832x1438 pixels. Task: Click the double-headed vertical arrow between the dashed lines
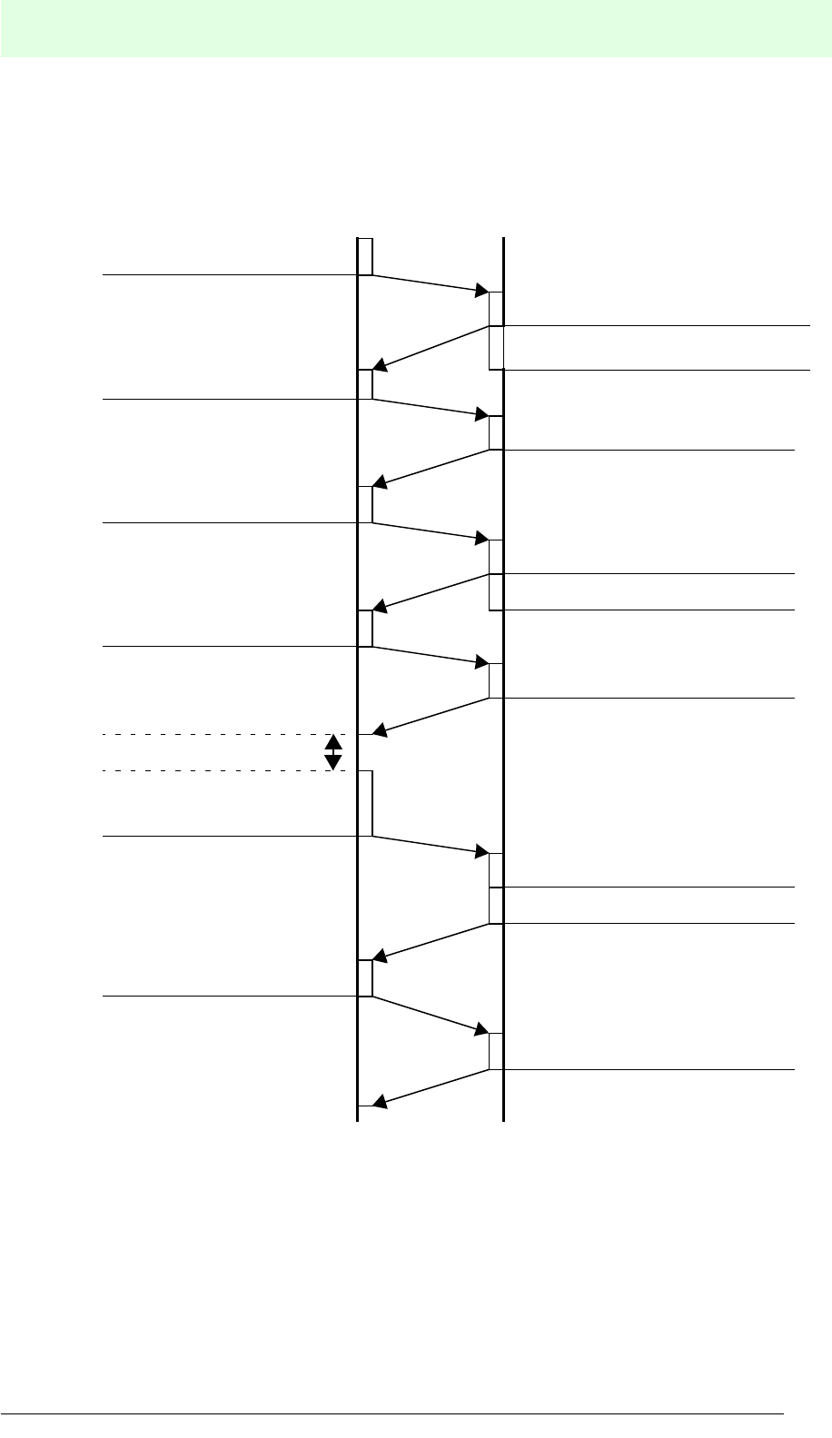pyautogui.click(x=333, y=752)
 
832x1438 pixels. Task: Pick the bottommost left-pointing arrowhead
pyautogui.click(x=381, y=1104)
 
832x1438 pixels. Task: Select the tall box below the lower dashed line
pyautogui.click(x=365, y=803)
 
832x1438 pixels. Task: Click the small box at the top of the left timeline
pyautogui.click(x=365, y=255)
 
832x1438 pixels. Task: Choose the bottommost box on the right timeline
pyautogui.click(x=496, y=1052)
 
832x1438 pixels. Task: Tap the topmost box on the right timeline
pyautogui.click(x=496, y=308)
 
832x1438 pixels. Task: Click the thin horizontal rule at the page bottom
pyautogui.click(x=391, y=1413)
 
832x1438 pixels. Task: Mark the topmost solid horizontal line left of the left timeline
pyautogui.click(x=227, y=273)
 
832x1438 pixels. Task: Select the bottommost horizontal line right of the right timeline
pyautogui.click(x=649, y=1070)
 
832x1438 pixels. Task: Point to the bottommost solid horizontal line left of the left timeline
pyautogui.click(x=227, y=997)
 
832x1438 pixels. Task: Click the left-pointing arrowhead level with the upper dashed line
pyautogui.click(x=381, y=730)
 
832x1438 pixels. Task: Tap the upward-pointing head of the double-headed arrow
pyautogui.click(x=333, y=741)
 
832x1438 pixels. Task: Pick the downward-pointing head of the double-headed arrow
pyautogui.click(x=333, y=763)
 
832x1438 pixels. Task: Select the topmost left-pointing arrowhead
pyautogui.click(x=381, y=366)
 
